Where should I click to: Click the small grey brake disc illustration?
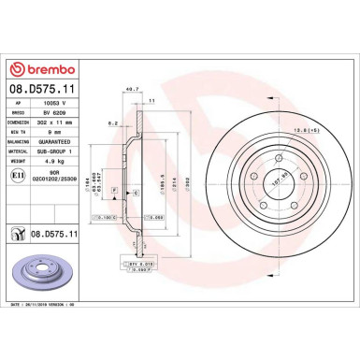tap(44, 272)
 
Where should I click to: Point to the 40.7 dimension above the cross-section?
tap(143, 91)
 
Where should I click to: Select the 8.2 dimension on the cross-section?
tap(111, 122)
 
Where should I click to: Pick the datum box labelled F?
tap(112, 190)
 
